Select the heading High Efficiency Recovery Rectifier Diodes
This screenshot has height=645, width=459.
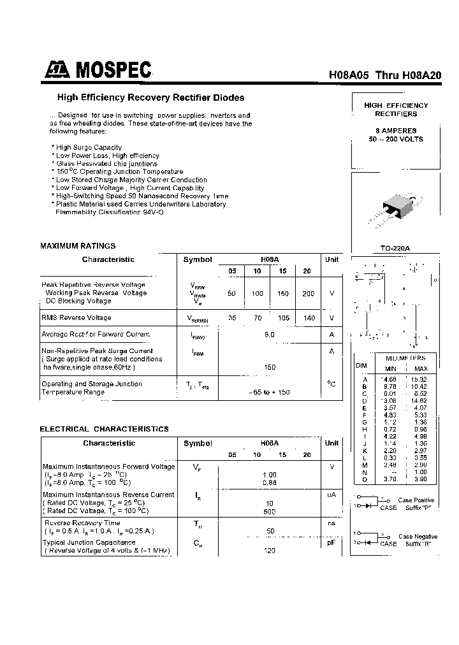tap(150, 98)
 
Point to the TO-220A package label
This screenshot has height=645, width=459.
tap(395, 249)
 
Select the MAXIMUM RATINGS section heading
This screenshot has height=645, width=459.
tap(78, 245)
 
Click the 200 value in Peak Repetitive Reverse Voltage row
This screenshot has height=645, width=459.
tap(308, 293)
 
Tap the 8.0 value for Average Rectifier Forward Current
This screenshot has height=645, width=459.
tap(269, 334)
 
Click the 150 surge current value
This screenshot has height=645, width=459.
tap(269, 367)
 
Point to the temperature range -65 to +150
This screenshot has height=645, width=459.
tap(269, 392)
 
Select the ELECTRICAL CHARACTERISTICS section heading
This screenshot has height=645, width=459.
tap(104, 429)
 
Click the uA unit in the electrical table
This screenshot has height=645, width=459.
tap(331, 495)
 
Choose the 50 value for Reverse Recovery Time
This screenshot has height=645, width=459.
tap(270, 530)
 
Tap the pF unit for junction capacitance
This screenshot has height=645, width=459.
tap(331, 542)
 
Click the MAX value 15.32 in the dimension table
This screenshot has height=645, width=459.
tap(420, 379)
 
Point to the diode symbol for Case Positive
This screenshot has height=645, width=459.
tap(368, 504)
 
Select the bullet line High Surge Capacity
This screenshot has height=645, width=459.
tap(88, 147)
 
